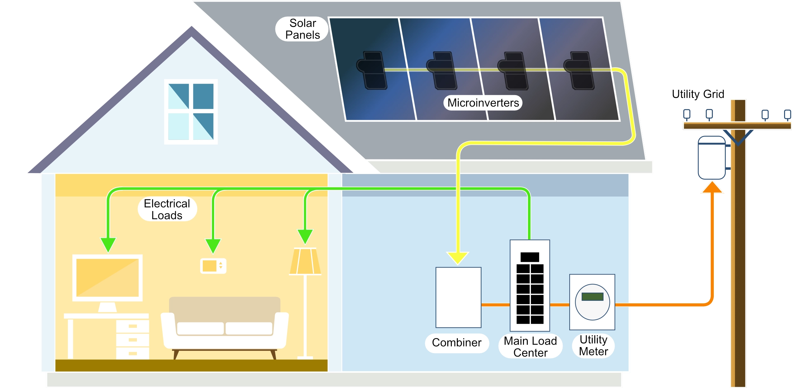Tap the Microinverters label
tap(483, 103)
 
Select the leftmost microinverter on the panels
tap(373, 70)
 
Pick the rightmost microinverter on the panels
tap(580, 70)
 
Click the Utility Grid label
tap(698, 94)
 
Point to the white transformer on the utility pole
tap(712, 158)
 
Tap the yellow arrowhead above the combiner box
tap(457, 258)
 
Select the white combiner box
tap(458, 297)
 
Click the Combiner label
tap(457, 343)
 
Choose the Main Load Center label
tap(530, 346)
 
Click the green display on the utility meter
tap(592, 296)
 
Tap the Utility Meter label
tap(593, 346)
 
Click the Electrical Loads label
tap(167, 209)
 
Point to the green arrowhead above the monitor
tap(108, 245)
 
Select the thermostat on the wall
tap(213, 266)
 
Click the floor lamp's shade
tap(305, 261)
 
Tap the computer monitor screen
tap(107, 277)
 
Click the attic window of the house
tap(191, 112)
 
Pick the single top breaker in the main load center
tap(530, 257)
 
